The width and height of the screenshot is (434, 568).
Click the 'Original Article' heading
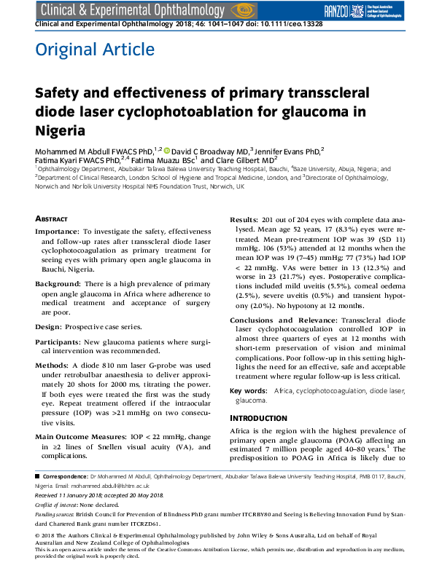tap(95, 50)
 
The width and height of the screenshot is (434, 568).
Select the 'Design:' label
tap(50, 315)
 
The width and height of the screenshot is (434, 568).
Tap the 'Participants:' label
tap(61, 330)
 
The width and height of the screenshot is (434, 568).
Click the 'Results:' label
tap(244, 219)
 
